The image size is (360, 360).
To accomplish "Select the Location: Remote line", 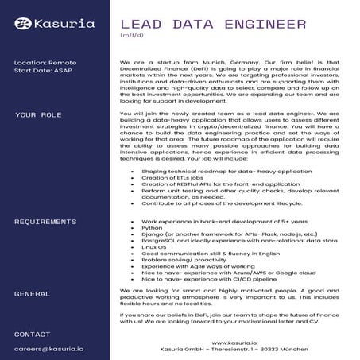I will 45,61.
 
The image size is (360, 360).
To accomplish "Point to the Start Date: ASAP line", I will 43,72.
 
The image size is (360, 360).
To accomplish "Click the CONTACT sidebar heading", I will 33,334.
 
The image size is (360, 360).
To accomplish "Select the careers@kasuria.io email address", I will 49,348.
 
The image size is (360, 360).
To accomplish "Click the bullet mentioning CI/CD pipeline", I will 208,279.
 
